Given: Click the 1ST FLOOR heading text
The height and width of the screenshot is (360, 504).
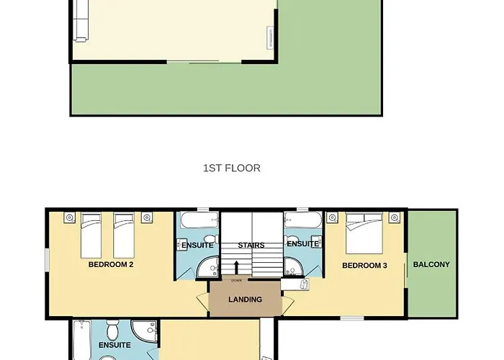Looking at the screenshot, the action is pos(232,168).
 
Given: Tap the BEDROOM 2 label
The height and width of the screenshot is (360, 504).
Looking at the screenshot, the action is pos(111,264).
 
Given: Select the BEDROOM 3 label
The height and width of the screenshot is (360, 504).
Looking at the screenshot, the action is pos(364,266).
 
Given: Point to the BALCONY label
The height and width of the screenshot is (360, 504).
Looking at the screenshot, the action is pos(431,264).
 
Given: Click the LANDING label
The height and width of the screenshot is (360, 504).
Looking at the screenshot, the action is pos(246,300).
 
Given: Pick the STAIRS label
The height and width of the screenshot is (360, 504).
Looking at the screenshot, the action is pos(251,246).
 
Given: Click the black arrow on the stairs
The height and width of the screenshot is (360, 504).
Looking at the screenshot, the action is pos(237,267).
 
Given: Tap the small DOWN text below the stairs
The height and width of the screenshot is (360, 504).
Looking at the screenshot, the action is pos(236,281).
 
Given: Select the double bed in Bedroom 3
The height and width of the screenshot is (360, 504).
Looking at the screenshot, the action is pos(364,233).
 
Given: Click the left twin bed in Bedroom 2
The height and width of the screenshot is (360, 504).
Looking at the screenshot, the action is pos(91,235).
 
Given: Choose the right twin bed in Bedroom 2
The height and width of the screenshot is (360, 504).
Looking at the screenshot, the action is pos(124,235).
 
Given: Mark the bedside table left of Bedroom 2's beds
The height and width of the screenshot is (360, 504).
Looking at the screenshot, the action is pos(69,217).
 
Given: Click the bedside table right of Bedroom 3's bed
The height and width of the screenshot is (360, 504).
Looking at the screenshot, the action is pos(395,217).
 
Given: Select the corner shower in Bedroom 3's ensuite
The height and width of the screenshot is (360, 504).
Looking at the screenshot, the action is pos(294,266).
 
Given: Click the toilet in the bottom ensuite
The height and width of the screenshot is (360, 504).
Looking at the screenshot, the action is pos(112,330).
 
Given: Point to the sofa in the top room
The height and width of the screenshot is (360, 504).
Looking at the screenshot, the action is pos(81,21).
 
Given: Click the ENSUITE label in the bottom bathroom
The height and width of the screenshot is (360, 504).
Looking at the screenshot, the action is pos(114,345).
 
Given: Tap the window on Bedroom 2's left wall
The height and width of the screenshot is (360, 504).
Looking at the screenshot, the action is pos(47,260).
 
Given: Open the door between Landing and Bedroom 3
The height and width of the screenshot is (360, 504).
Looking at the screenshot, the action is pos(288,304).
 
